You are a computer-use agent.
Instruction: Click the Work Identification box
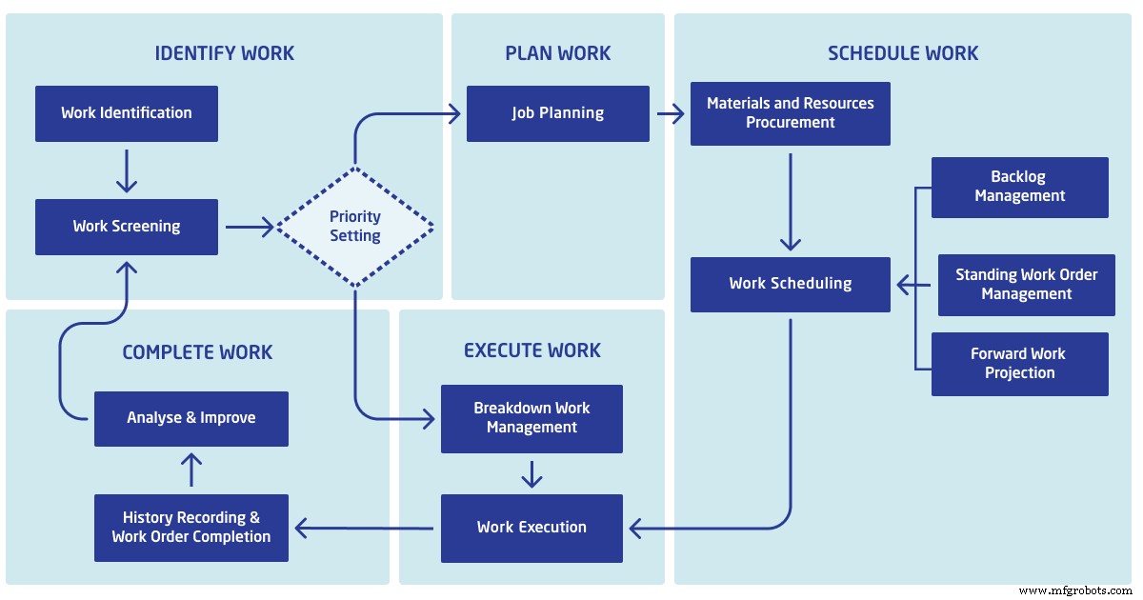[127, 113]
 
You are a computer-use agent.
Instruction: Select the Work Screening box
[127, 227]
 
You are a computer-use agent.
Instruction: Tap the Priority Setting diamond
[355, 227]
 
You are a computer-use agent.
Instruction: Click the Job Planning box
[557, 113]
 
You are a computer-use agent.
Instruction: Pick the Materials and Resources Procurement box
[790, 113]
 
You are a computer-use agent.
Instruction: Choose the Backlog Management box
[1019, 187]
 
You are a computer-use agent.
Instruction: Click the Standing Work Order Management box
[1026, 285]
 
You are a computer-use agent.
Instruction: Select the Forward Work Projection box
[1019, 364]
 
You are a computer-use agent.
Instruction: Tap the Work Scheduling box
[790, 284]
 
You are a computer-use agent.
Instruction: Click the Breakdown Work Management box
[531, 418]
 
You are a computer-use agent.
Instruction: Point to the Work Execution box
[531, 528]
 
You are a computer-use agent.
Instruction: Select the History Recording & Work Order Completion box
[190, 528]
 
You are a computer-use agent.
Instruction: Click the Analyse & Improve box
[190, 418]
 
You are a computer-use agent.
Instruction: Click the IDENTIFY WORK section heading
[225, 53]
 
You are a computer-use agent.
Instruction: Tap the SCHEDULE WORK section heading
[903, 53]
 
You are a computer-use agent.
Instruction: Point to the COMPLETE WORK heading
[197, 352]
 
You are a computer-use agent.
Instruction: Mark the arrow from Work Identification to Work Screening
[127, 171]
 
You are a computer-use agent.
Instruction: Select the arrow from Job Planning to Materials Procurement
[670, 114]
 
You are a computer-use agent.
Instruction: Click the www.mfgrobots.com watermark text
[1076, 590]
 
